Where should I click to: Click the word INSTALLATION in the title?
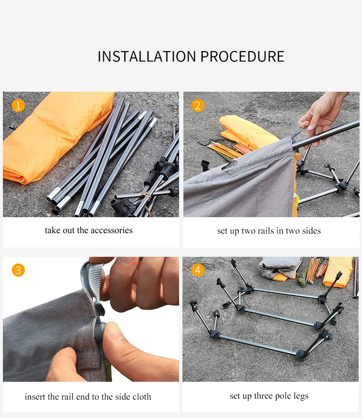pos(147,56)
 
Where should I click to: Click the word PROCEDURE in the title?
pos(242,56)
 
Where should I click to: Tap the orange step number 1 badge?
pos(18,106)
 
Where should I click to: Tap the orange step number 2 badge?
pos(197,106)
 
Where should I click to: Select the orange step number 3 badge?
pos(18,270)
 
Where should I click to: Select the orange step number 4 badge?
pos(197,270)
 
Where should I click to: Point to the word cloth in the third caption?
pos(142,397)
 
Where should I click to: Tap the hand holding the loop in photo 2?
pos(323,117)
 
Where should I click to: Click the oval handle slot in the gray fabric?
pos(230,165)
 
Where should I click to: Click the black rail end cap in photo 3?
pos(99,333)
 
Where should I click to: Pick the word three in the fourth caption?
pos(263,396)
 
